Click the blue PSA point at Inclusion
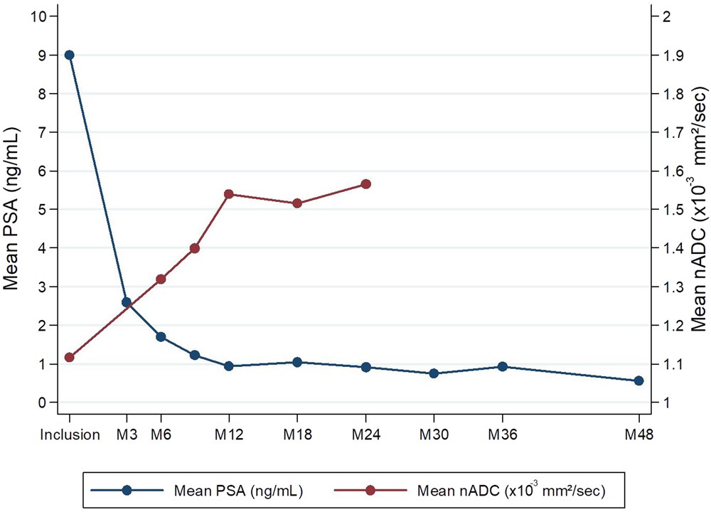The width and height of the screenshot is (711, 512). coord(69,55)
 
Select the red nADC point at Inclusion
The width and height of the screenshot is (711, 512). coord(69,357)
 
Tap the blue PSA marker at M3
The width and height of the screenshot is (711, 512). coord(127,302)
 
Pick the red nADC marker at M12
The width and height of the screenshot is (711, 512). coord(229,194)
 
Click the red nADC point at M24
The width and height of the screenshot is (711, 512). coord(366,184)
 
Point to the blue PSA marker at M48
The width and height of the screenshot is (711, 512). coord(638,380)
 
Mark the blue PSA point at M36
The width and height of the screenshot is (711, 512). coord(503,367)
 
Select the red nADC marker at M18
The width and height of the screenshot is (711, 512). coord(297,203)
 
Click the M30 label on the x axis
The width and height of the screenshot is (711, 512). coord(434,434)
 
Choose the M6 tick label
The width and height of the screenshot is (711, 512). coord(161,434)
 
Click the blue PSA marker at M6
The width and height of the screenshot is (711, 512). coord(161,337)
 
